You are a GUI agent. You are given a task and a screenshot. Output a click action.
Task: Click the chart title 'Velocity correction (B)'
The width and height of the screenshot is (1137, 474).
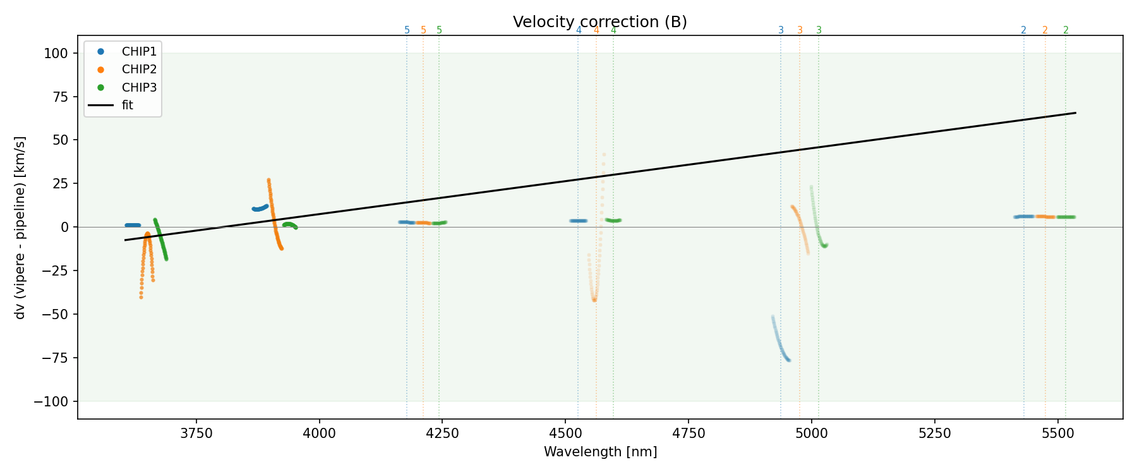coord(599,22)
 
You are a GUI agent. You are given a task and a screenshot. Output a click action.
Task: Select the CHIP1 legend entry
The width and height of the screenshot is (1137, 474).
coord(139,51)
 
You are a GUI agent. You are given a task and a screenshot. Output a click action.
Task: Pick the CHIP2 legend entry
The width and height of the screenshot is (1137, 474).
coord(139,70)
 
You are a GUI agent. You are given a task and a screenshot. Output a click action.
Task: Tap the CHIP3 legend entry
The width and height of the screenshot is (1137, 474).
coord(139,87)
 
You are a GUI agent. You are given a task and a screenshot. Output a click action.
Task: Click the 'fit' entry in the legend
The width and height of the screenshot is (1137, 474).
coord(127,106)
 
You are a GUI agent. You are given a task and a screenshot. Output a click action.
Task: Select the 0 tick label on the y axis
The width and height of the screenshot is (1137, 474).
coord(64,228)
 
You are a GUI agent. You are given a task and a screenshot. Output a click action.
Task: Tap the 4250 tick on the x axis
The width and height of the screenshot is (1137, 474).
coord(442,433)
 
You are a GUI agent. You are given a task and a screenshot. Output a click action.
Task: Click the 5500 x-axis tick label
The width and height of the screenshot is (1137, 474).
coord(1057,433)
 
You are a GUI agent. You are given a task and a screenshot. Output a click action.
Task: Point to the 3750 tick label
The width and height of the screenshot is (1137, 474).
coord(196,433)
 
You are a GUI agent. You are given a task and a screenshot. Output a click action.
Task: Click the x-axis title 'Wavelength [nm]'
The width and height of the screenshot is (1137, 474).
coord(600,452)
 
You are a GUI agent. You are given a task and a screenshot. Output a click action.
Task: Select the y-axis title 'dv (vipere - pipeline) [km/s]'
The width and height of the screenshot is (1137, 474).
coord(20,228)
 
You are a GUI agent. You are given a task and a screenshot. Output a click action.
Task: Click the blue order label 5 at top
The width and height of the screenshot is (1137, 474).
coord(407,30)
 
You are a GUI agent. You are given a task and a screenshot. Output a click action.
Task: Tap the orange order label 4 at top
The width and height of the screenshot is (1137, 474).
coord(596,30)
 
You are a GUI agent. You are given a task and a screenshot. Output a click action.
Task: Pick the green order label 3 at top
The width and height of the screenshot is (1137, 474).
coord(819,30)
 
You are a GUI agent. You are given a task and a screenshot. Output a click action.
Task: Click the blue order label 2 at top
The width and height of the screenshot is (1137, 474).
coord(1023,30)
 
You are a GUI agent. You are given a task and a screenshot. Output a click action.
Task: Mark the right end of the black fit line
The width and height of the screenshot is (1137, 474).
coord(1075,113)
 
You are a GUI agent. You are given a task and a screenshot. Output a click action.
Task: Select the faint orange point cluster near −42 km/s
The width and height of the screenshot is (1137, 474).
coord(594,299)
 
